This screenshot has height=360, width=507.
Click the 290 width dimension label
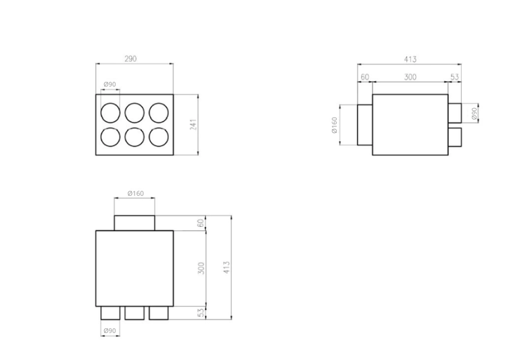[x=130, y=59]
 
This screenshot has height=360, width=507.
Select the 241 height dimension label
[x=193, y=125]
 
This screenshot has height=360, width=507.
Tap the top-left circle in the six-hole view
[x=110, y=112]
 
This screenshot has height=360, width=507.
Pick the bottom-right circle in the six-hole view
[x=158, y=137]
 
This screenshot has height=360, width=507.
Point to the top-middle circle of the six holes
[x=134, y=112]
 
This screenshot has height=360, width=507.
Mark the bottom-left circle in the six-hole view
[x=110, y=137]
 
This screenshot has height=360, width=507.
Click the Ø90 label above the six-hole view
[x=110, y=84]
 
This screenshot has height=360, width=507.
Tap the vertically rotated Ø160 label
[x=335, y=125]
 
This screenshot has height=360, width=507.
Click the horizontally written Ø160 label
[x=135, y=194]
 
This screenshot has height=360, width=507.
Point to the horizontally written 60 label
[x=365, y=77]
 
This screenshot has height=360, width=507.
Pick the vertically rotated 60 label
[x=201, y=224]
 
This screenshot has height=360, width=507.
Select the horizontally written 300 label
[x=410, y=77]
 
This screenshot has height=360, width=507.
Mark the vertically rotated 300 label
[x=201, y=267]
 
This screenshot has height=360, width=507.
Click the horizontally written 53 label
[x=454, y=77]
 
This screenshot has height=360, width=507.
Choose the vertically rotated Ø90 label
[x=475, y=113]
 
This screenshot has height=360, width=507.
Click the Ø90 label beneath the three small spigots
[x=110, y=331]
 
